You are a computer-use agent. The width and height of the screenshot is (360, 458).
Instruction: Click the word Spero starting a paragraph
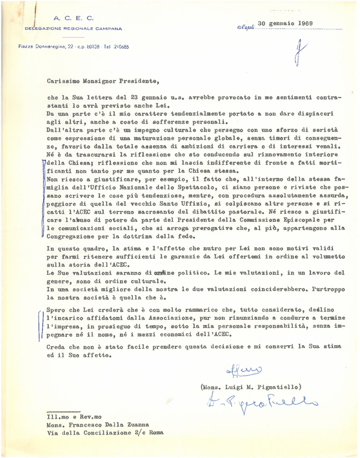click(x=56, y=310)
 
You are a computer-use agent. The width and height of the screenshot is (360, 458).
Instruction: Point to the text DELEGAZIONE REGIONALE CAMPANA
click(x=73, y=29)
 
